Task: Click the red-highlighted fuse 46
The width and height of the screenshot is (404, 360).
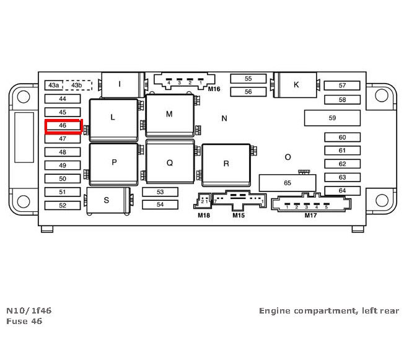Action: pyautogui.click(x=63, y=126)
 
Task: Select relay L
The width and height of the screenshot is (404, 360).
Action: pyautogui.click(x=113, y=117)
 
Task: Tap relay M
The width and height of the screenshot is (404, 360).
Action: pyautogui.click(x=169, y=114)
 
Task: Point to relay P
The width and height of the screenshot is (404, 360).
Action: pyautogui.click(x=114, y=163)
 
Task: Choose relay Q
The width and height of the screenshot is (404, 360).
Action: pyautogui.click(x=170, y=163)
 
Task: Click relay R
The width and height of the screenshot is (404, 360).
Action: pyautogui.click(x=226, y=164)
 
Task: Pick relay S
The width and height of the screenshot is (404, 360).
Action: pyautogui.click(x=107, y=200)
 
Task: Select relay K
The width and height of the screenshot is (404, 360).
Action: pyautogui.click(x=296, y=85)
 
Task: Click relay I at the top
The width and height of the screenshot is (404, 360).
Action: pyautogui.click(x=120, y=84)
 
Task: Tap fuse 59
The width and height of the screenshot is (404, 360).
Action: pyautogui.click(x=332, y=118)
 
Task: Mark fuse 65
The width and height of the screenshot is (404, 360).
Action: pyautogui.click(x=288, y=183)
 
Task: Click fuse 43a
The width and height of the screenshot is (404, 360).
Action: pyautogui.click(x=54, y=85)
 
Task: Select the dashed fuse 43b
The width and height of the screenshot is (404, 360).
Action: pyautogui.click(x=77, y=85)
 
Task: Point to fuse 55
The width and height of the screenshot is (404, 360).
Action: pyautogui.click(x=248, y=79)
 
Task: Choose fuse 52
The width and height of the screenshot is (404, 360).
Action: pyautogui.click(x=63, y=205)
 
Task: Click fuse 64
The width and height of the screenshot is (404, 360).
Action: pyautogui.click(x=342, y=191)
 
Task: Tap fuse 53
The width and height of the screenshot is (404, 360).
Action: pyautogui.click(x=160, y=192)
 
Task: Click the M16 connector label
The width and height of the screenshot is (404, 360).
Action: pyautogui.click(x=214, y=89)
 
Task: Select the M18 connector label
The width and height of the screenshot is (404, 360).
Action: pyautogui.click(x=204, y=216)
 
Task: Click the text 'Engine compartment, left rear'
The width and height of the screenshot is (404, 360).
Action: pyautogui.click(x=329, y=310)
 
